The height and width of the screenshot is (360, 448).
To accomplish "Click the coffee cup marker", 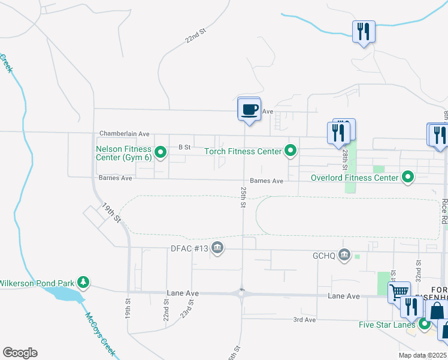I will tap(249, 110).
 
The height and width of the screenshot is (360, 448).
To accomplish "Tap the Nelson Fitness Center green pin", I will tap(161, 153).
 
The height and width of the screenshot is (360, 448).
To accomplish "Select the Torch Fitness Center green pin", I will tap(291, 151).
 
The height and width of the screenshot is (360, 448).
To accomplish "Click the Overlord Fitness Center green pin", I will tap(408, 177).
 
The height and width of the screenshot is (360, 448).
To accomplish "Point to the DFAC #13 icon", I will tap(217, 248).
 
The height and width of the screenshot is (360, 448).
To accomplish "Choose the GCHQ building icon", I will tap(344, 255).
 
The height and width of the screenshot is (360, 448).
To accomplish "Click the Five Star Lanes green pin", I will tap(425, 325).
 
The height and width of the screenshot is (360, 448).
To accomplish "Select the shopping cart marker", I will tap(398, 293).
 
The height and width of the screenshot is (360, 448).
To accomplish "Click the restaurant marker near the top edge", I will tap(364, 31).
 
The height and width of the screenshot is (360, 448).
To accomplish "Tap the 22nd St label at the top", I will tap(195, 37).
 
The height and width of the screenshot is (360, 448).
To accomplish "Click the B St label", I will tap(184, 146).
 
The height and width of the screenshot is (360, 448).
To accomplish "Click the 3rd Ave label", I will tap(304, 320).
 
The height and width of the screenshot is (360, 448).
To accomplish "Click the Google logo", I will tap(20, 353).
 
